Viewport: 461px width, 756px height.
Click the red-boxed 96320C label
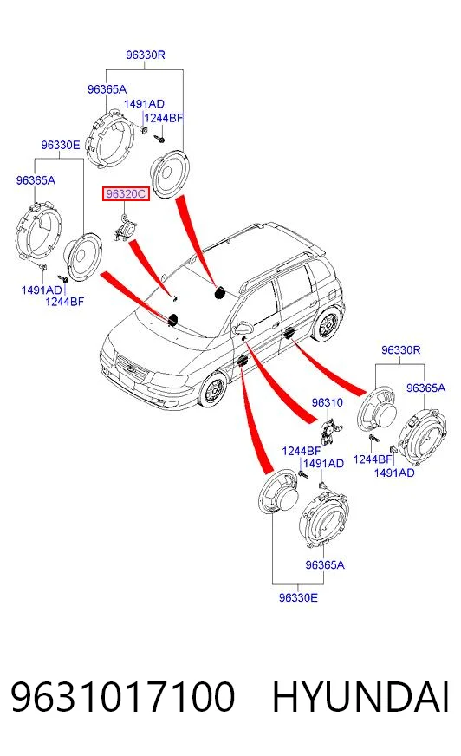[126, 194]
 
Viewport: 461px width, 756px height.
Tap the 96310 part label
[327, 402]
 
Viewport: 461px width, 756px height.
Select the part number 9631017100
[123, 697]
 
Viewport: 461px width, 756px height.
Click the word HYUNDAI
[360, 697]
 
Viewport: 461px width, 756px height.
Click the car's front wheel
[212, 391]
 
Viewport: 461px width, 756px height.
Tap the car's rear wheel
[327, 325]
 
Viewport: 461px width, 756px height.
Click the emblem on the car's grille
[130, 368]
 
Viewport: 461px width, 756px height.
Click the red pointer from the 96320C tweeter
[150, 268]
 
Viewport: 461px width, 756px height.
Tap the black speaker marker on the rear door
[289, 333]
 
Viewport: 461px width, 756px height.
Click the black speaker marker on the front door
[242, 361]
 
